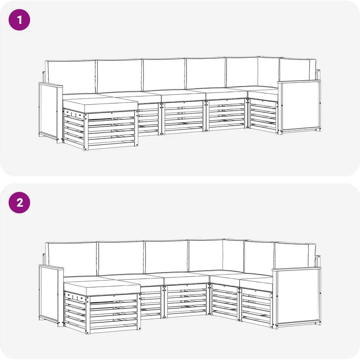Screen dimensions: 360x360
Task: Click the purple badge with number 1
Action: (19, 20)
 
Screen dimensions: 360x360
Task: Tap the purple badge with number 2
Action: (19, 202)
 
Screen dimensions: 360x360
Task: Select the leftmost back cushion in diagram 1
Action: (70, 77)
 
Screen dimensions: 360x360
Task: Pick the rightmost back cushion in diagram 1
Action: (297, 69)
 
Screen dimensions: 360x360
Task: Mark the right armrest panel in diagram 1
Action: (299, 107)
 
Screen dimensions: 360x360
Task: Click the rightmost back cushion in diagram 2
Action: (295, 255)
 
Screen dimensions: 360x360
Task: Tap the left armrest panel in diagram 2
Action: (51, 295)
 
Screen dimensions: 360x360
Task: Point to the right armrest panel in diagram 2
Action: (296, 296)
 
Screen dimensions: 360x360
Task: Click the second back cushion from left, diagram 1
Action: (119, 76)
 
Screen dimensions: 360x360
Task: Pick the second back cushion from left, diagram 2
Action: (121, 258)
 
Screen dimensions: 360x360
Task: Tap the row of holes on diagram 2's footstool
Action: (75, 296)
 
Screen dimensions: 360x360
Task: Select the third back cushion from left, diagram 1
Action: (164, 75)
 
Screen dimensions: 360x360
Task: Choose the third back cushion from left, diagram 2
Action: (167, 257)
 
